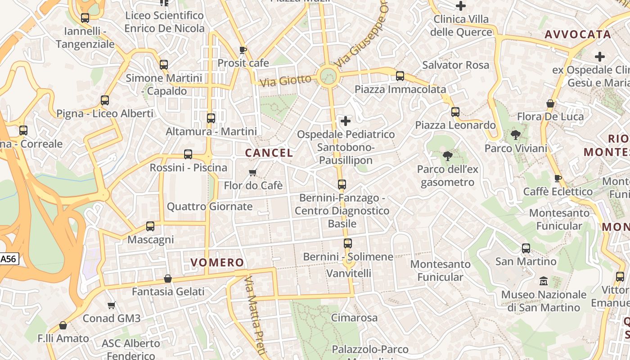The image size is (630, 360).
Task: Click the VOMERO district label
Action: point(217,262)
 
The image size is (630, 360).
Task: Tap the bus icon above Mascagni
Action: point(150,226)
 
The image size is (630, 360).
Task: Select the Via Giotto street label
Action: point(286,81)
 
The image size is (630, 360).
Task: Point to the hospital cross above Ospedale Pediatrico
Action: point(346,121)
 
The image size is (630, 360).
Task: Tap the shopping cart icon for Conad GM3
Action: point(112,306)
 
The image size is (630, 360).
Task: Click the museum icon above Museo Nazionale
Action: point(544,281)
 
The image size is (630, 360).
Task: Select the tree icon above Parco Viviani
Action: point(516,135)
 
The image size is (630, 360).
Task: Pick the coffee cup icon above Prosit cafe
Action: point(243,49)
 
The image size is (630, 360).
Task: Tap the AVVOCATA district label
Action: point(578,34)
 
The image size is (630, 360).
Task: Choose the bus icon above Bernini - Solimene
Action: point(347,243)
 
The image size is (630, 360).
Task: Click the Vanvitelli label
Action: point(349,273)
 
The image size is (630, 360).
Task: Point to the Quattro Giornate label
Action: point(210,207)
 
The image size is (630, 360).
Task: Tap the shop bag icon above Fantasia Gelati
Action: point(168,279)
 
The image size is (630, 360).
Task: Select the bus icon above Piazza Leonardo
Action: point(455,112)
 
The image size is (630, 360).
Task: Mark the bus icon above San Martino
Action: point(526,248)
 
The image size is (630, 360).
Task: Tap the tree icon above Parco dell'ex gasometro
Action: point(447,156)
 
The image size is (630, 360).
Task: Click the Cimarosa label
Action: point(355,318)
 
